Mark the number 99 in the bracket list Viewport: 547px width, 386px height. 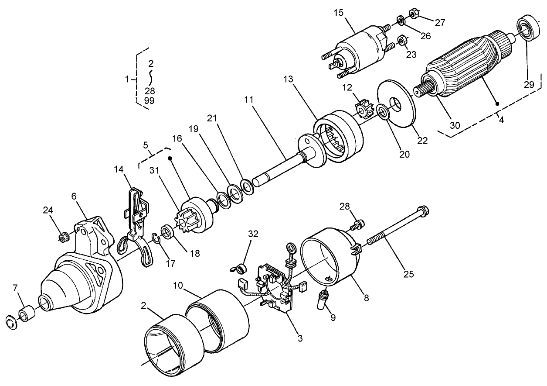point(149,100)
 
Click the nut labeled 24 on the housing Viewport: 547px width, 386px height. point(63,238)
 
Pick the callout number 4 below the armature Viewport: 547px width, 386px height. point(501,119)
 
